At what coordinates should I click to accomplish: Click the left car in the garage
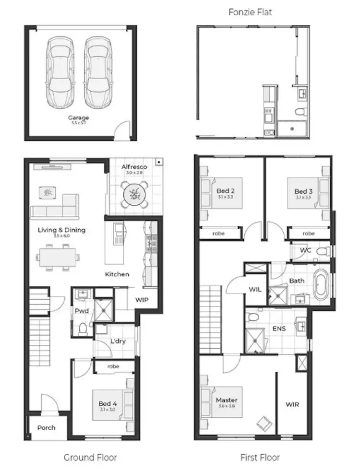[x=60, y=73]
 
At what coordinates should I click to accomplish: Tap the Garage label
[x=78, y=117]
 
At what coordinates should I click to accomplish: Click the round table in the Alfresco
[x=134, y=194]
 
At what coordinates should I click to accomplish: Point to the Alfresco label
[x=133, y=167]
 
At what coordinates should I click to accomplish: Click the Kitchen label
[x=117, y=274]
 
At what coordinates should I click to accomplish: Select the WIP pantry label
[x=142, y=300]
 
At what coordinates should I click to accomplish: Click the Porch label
[x=46, y=427]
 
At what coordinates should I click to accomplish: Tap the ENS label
[x=278, y=329]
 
